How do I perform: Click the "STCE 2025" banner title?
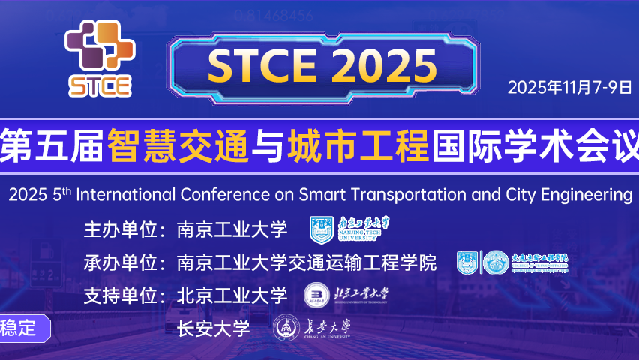point(322,65)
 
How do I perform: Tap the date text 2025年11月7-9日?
point(570,86)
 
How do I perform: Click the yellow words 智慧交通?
point(177,142)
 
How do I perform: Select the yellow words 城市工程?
point(357,142)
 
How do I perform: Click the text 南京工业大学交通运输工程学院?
point(306,263)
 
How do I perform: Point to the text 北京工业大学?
point(232,296)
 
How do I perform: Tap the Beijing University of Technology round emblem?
point(315,295)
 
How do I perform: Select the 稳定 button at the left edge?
point(21,328)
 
